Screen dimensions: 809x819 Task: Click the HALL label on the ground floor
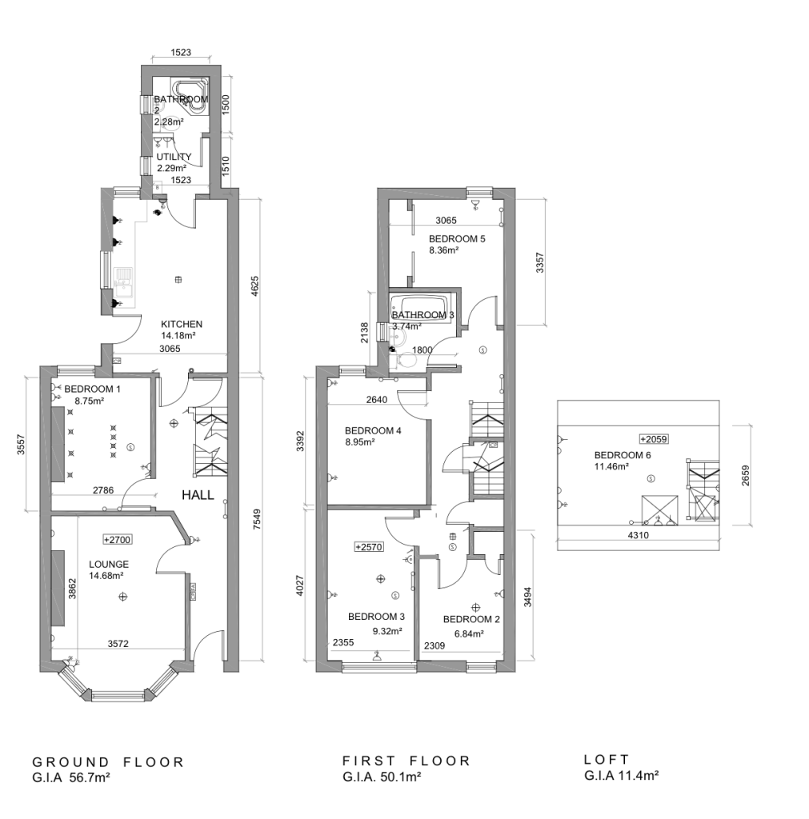[x=198, y=494]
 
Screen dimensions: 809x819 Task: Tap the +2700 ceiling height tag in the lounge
[x=117, y=540]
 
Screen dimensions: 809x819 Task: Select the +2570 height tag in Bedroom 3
[x=369, y=547]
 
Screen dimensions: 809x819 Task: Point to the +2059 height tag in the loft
[x=654, y=439]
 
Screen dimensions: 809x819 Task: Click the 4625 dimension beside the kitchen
[x=255, y=286]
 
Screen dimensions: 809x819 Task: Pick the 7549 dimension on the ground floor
[x=256, y=520]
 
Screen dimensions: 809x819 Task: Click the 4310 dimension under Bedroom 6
[x=638, y=535]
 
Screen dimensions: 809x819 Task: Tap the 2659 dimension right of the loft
[x=745, y=475]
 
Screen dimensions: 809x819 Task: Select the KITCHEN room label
[x=182, y=325]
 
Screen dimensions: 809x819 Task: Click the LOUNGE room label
[x=109, y=564]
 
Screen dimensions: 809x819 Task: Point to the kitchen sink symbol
[x=124, y=282]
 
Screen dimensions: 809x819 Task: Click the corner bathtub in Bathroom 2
[x=190, y=96]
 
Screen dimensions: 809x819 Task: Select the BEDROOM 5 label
[x=457, y=238]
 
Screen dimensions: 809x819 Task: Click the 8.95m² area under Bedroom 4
[x=359, y=442]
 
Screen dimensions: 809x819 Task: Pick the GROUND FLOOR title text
[x=108, y=762]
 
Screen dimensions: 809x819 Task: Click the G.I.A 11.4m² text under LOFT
[x=621, y=776]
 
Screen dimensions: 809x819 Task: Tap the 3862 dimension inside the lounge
[x=73, y=589]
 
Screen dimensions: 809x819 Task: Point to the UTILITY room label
[x=174, y=157]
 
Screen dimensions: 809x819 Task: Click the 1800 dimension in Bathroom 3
[x=423, y=350]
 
